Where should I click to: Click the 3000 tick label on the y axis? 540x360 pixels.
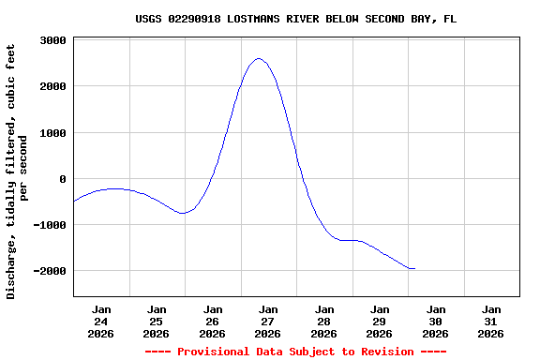tap(52, 40)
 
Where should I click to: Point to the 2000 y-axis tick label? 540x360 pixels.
tap(52, 86)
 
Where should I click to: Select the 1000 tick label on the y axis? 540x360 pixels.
tap(52, 133)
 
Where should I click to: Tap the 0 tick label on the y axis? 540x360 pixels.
tap(62, 179)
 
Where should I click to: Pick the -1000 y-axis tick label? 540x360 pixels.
tap(49, 225)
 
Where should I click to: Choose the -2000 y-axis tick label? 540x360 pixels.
tap(49, 271)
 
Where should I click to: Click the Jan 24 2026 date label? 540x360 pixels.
tap(101, 321)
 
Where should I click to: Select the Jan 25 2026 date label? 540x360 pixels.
tap(157, 321)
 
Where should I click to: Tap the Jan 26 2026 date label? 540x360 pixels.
tap(213, 321)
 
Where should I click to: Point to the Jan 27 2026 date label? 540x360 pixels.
tap(268, 321)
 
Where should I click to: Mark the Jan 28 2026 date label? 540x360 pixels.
tap(324, 321)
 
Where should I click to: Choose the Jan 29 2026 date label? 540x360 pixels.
tap(380, 321)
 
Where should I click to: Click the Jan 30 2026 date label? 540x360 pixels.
tap(436, 321)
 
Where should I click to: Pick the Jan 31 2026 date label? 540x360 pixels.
tap(491, 321)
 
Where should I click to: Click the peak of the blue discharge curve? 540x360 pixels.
tap(259, 58)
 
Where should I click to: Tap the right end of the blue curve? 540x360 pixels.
tap(414, 269)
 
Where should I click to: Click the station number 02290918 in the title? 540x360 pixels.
tap(199, 19)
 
